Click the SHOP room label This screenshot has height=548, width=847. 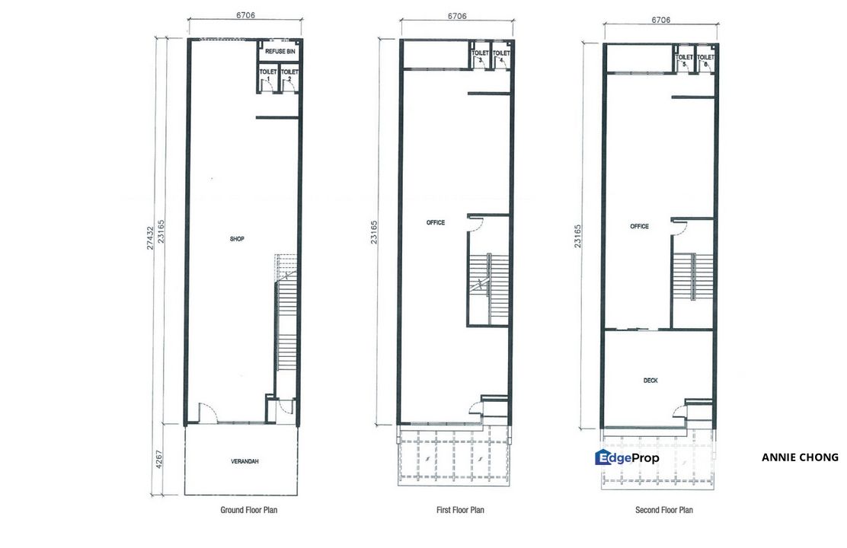point(237,239)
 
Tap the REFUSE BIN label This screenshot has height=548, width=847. point(280,51)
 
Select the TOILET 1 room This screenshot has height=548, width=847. point(268,75)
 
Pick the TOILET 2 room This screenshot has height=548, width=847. point(289,75)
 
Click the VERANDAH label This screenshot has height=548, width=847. point(240,461)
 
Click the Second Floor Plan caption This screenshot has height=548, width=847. point(664,510)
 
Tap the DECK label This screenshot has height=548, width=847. point(650,381)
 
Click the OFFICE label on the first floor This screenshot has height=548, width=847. point(436,223)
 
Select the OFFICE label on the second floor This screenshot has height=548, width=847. point(640,227)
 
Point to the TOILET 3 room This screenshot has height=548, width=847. point(481,57)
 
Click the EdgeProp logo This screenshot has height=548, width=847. point(628,457)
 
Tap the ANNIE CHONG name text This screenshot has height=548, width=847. point(800,457)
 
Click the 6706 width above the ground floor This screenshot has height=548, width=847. point(245,14)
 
